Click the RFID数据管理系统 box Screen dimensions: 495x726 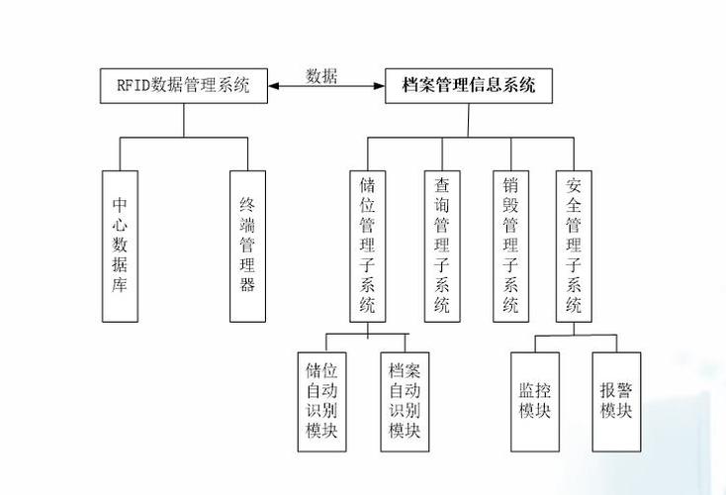[184, 86]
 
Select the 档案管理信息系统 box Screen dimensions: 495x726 [470, 86]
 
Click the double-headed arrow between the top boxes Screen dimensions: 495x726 [327, 87]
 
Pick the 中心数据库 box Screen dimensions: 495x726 [121, 246]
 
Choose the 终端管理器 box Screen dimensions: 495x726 [247, 246]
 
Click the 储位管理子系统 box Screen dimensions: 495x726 [368, 246]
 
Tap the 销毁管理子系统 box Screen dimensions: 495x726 [510, 246]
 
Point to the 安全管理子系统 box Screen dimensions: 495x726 [574, 246]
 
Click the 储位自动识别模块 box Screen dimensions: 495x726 [321, 401]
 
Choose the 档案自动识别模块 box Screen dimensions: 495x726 [404, 401]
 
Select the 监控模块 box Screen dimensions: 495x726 [535, 401]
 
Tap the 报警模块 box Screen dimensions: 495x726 [615, 401]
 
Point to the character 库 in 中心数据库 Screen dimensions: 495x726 [121, 286]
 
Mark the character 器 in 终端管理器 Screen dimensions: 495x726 [247, 286]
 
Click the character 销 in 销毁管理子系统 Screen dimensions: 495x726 [510, 184]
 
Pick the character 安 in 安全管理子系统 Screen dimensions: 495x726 [574, 184]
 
